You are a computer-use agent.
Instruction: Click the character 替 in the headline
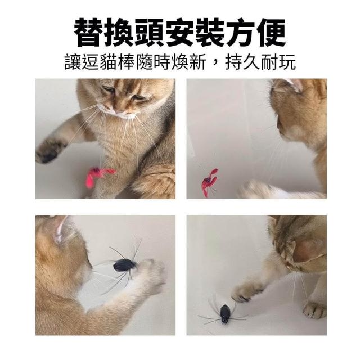coord(89,33)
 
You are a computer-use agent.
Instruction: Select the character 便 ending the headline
coord(271,33)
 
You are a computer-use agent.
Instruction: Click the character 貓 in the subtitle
coord(109,62)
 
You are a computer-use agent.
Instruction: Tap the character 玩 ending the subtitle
coord(287,62)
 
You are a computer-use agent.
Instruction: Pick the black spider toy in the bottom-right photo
coord(225,314)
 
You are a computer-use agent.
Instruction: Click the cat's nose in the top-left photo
coord(119,112)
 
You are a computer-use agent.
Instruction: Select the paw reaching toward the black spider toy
coord(246,291)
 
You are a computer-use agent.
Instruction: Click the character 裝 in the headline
coord(210,33)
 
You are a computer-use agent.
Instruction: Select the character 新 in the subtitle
coord(197,62)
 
